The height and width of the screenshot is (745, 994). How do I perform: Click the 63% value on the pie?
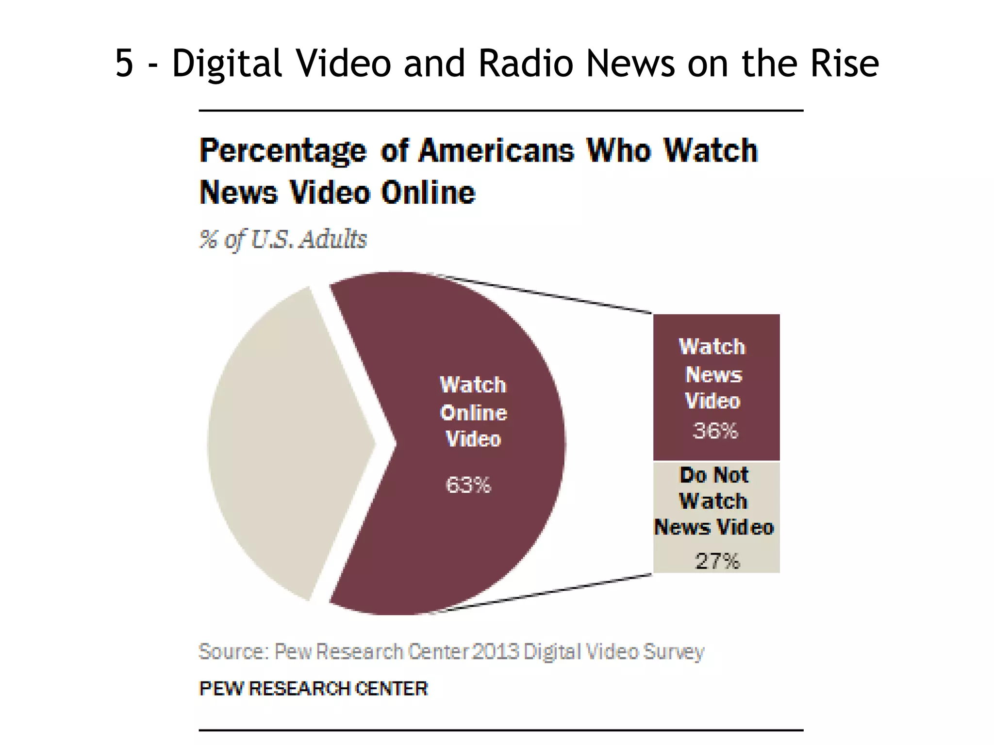tap(468, 485)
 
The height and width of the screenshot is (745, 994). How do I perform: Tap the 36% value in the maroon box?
tap(715, 430)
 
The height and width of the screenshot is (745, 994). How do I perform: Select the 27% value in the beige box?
tap(717, 561)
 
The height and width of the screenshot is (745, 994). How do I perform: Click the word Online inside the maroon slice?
tap(473, 413)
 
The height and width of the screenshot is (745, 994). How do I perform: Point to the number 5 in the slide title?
tap(124, 64)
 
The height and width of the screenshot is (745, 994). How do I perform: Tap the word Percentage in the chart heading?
tap(283, 151)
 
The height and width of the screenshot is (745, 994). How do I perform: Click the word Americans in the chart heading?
tap(496, 151)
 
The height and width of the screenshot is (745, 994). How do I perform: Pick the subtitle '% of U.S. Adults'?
tap(283, 239)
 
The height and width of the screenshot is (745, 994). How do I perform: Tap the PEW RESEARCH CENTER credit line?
tap(314, 688)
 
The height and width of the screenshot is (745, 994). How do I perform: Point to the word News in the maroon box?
tap(713, 374)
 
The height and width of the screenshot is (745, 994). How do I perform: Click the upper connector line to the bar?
tap(544, 293)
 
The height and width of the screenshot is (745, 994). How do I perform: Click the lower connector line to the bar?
tap(544, 593)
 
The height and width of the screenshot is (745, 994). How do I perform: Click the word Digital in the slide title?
tap(227, 64)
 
